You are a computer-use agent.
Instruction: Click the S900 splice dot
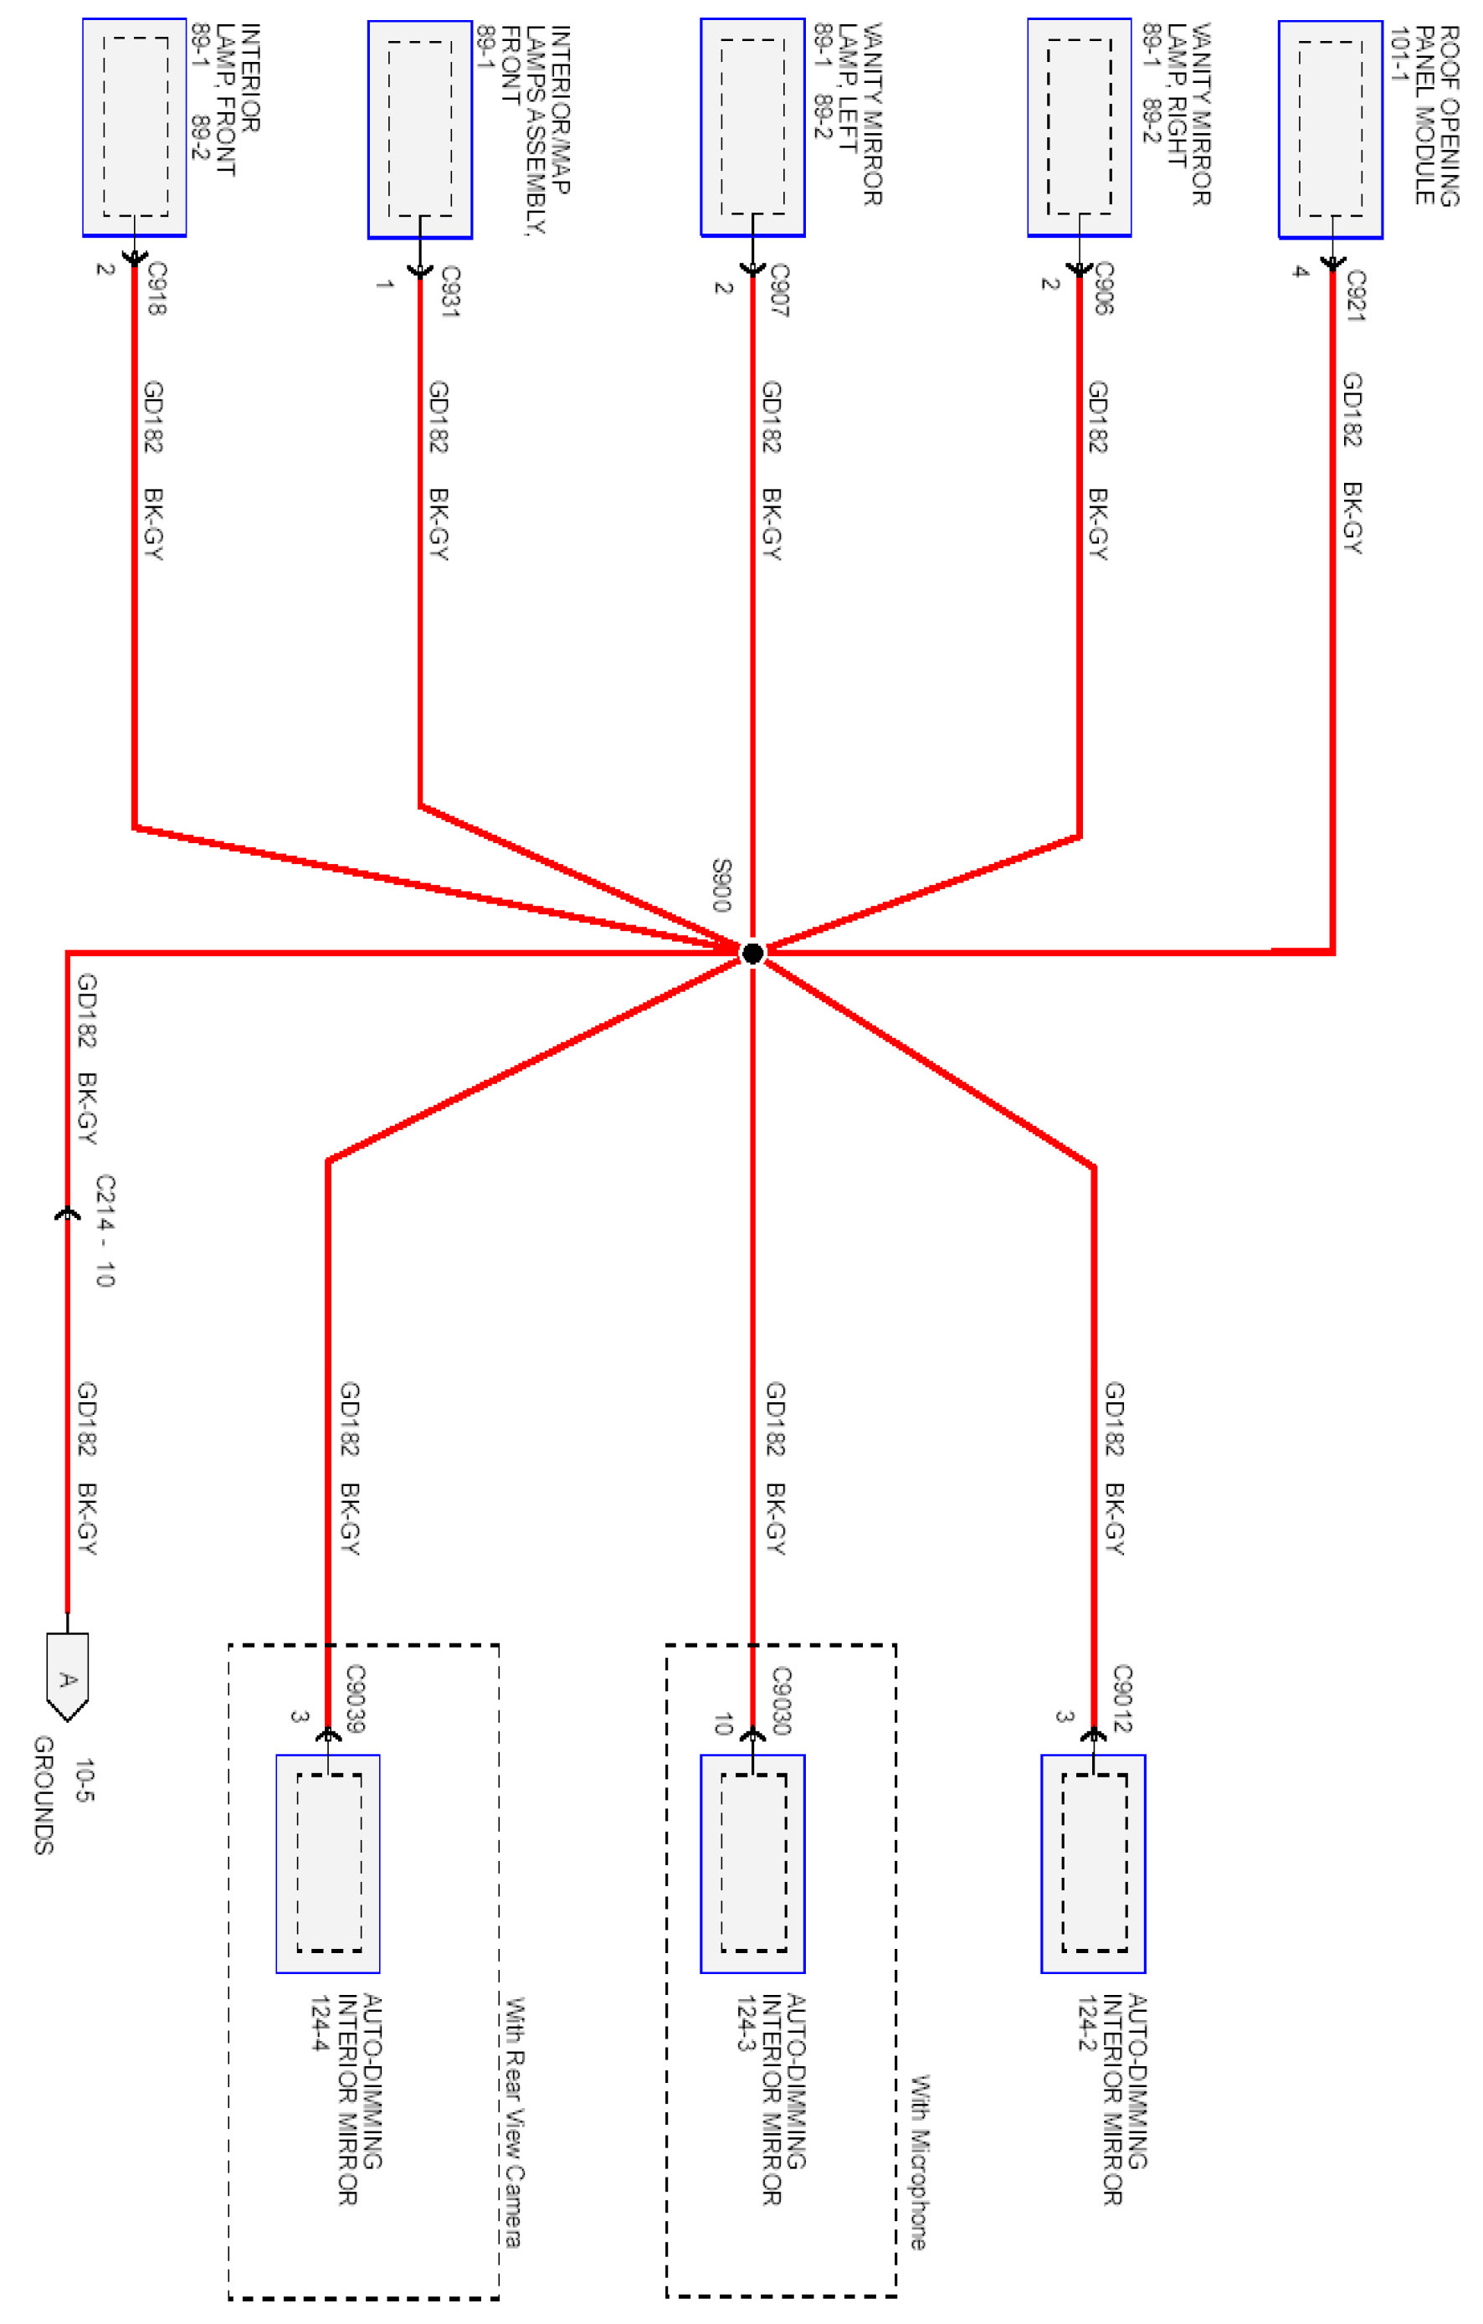click(752, 953)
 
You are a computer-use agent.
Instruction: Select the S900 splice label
click(721, 884)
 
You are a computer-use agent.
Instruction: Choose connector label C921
click(1357, 295)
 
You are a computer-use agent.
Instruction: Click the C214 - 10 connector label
click(105, 1231)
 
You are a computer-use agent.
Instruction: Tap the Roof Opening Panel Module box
click(1331, 129)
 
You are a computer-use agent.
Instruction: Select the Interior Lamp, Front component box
click(134, 127)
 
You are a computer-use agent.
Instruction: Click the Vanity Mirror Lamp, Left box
click(752, 127)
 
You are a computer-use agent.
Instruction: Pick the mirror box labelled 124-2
click(1093, 1864)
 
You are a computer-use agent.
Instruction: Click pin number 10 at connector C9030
click(723, 1724)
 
